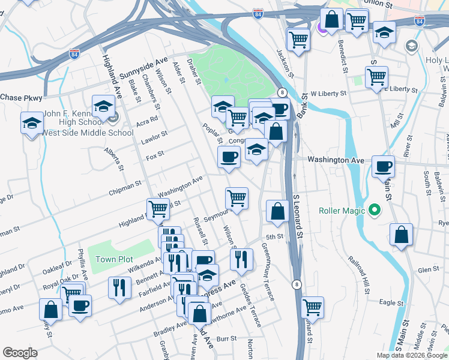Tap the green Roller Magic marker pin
pyautogui.click(x=375, y=210)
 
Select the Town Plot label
pyautogui.click(x=112, y=259)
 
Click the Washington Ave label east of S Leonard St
pyautogui.click(x=336, y=160)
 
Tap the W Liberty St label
pyautogui.click(x=328, y=94)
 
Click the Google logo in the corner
pyautogui.click(x=20, y=353)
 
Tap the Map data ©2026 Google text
pyautogui.click(x=411, y=355)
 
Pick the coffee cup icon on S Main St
pyautogui.click(x=383, y=166)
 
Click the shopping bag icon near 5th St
pyautogui.click(x=277, y=211)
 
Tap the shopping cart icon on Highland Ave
pyautogui.click(x=158, y=208)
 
